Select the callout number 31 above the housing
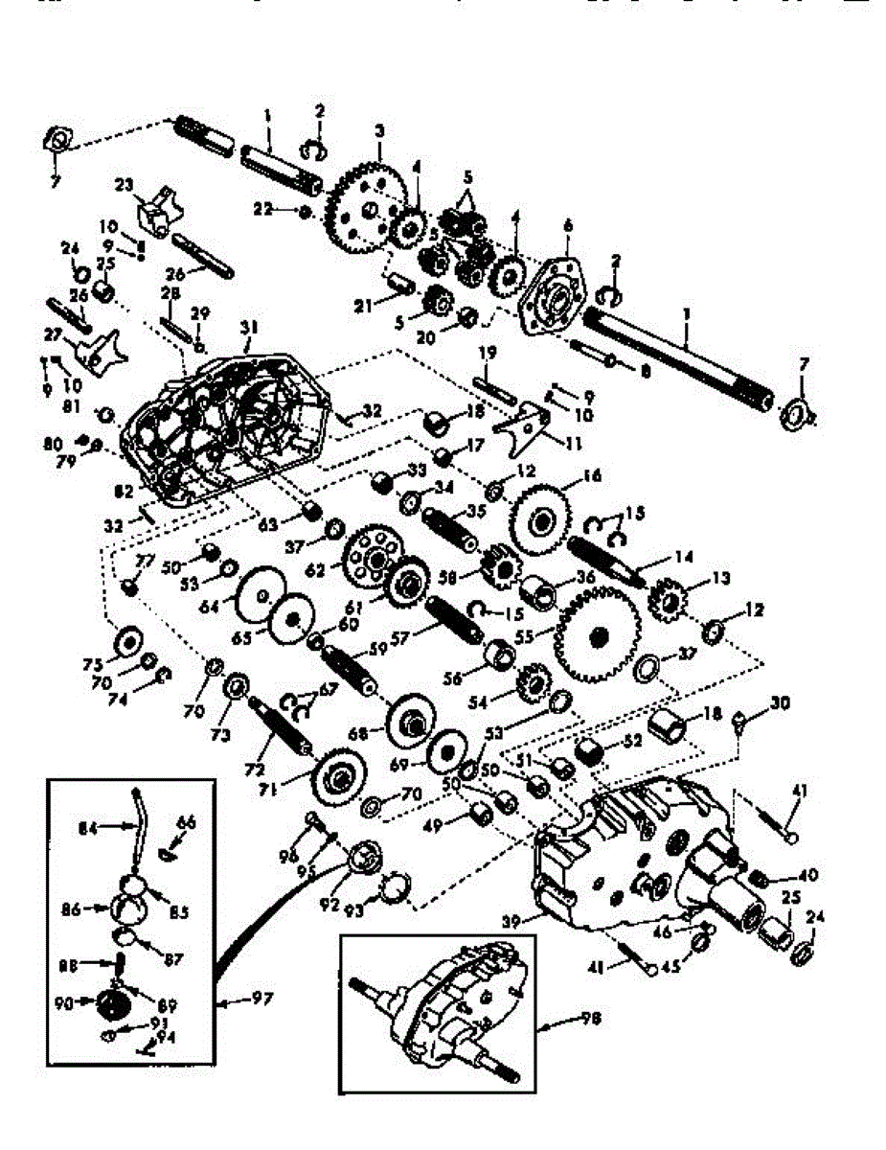click(x=249, y=328)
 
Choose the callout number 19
click(x=488, y=353)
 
